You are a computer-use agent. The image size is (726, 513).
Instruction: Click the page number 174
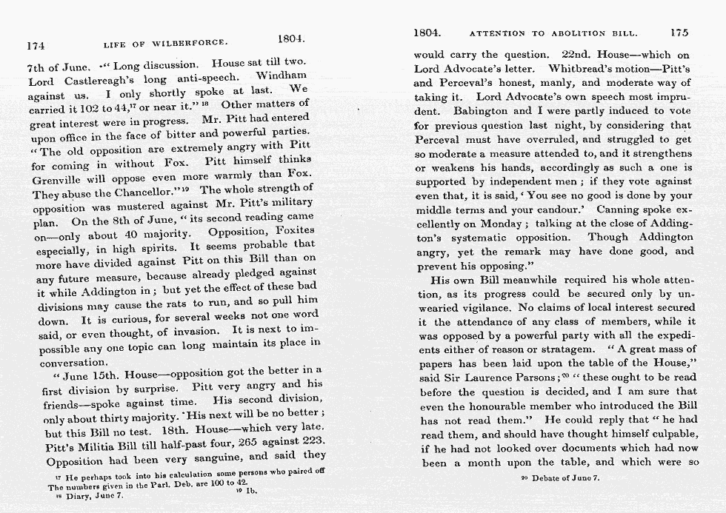pos(36,46)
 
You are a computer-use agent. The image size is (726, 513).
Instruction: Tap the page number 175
pos(679,33)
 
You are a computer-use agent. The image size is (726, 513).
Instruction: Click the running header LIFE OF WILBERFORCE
pos(166,44)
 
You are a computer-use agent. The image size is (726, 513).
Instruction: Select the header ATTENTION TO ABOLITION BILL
pos(549,33)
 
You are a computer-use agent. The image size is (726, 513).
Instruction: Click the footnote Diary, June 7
pos(87,496)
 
